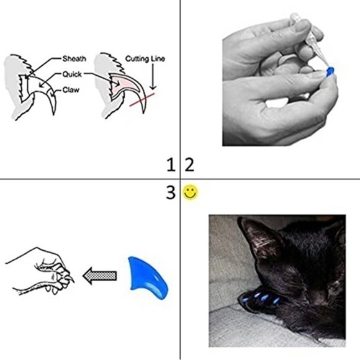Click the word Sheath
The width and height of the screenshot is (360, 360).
pyautogui.click(x=74, y=58)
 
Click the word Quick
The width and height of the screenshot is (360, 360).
pyautogui.click(x=72, y=74)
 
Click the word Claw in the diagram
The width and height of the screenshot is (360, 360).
pyautogui.click(x=71, y=90)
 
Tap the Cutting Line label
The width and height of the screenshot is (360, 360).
pyautogui.click(x=145, y=59)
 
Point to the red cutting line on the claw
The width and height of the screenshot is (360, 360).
pyautogui.click(x=142, y=99)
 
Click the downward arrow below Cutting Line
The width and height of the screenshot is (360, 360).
pyautogui.click(x=153, y=76)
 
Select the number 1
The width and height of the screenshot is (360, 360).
pyautogui.click(x=171, y=164)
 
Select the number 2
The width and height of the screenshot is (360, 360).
pyautogui.click(x=189, y=164)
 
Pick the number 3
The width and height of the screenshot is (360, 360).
pyautogui.click(x=171, y=192)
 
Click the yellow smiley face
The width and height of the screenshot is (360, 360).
pyautogui.click(x=191, y=192)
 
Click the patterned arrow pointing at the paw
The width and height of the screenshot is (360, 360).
pyautogui.click(x=100, y=276)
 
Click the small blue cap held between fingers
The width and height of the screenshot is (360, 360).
pyautogui.click(x=330, y=71)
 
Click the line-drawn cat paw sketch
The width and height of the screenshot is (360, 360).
pyautogui.click(x=40, y=271)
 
